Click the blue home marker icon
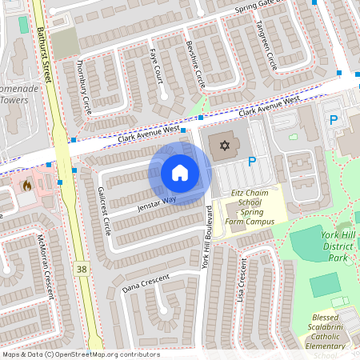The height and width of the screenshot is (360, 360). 180,173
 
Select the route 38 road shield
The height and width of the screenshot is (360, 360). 82,270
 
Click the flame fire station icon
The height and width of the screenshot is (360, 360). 27,186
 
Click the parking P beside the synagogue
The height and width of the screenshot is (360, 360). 252,161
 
